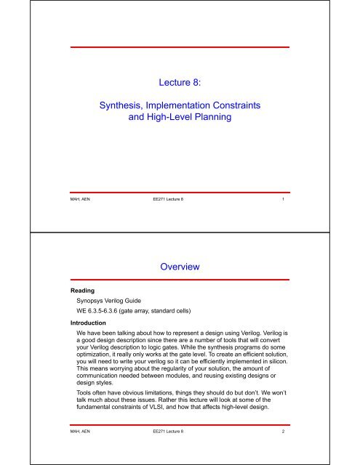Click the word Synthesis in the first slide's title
tap(122, 106)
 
